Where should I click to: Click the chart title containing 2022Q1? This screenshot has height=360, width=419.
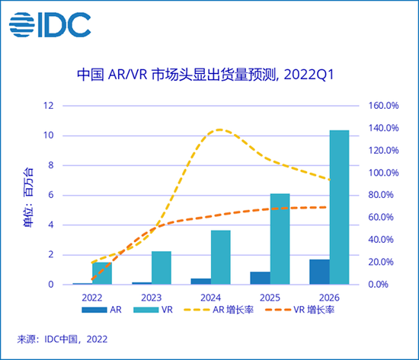point(206,75)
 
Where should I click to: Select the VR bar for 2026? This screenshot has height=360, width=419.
point(339,207)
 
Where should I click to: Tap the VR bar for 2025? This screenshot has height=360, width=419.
point(280,239)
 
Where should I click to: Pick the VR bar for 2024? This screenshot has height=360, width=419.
point(221,257)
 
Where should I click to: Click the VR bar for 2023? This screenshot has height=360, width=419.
point(162,268)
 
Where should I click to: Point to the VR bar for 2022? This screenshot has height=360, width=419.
point(102,273)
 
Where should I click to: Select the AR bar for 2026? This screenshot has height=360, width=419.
point(319,272)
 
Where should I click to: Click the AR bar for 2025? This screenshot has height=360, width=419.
point(260,278)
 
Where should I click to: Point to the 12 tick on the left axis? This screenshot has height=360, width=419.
point(48,106)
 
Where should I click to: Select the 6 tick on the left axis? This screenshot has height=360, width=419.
point(50,195)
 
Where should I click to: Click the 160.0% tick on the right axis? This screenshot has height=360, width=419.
point(384,106)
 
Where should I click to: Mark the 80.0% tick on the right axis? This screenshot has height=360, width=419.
point(384,195)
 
